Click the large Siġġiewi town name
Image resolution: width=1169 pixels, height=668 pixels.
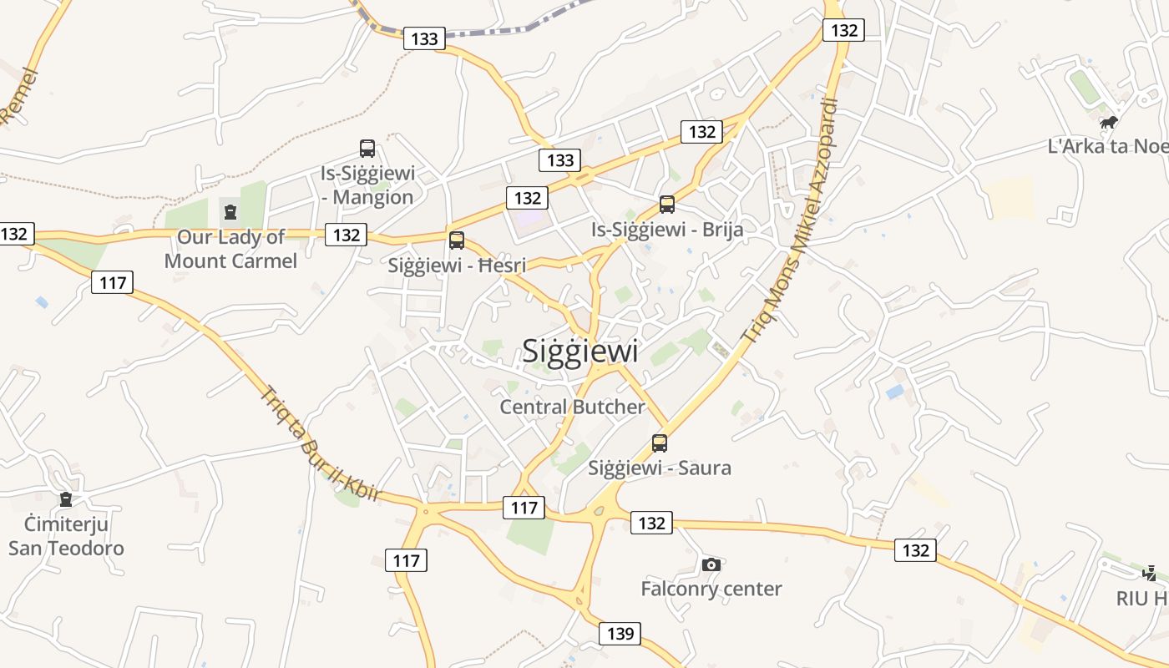580,351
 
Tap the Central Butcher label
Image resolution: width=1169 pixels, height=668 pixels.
572,407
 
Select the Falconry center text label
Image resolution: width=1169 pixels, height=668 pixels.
711,589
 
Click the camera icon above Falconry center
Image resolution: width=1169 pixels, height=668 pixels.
711,565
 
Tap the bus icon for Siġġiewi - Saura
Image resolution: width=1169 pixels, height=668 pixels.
660,443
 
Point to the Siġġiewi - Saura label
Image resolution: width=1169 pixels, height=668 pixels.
660,468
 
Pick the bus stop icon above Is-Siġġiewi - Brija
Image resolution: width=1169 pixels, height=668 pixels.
666,205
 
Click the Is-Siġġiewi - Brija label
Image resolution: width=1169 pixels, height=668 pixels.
666,229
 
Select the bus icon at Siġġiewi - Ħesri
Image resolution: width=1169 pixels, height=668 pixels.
456,240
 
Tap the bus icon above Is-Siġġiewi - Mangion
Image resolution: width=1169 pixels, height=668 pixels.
367,149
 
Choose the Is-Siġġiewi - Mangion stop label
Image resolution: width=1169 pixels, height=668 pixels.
367,185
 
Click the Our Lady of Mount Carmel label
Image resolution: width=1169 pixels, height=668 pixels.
230,249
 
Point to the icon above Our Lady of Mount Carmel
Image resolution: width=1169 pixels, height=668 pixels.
230,212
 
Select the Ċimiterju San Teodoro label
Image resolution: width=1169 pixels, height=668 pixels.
66,536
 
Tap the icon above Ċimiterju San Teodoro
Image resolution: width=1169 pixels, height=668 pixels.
66,499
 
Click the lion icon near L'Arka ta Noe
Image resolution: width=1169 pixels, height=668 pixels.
1109,124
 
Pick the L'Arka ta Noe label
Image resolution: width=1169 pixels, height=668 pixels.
1107,146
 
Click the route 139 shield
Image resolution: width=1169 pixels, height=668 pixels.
620,634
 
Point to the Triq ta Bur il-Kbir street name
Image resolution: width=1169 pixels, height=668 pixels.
321,443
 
